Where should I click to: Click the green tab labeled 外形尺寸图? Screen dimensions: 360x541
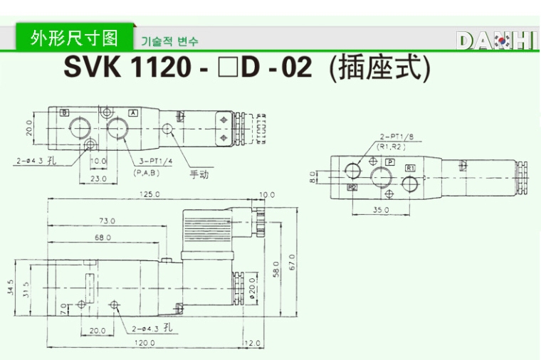[x=75, y=38]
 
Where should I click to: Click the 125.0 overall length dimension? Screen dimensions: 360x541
[x=149, y=194]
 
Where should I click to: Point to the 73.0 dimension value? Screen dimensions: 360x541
[x=107, y=221]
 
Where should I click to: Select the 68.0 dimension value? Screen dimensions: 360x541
[x=103, y=237]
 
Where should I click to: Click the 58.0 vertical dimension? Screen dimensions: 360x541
[x=276, y=269]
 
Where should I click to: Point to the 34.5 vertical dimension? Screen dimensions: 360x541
[x=11, y=287]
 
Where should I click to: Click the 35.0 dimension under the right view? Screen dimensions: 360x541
[x=382, y=210]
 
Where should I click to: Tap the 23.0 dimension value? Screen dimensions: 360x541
[x=98, y=179]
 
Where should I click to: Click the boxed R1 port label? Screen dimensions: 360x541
[x=411, y=166]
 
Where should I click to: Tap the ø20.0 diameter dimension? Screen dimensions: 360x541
[x=253, y=287]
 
